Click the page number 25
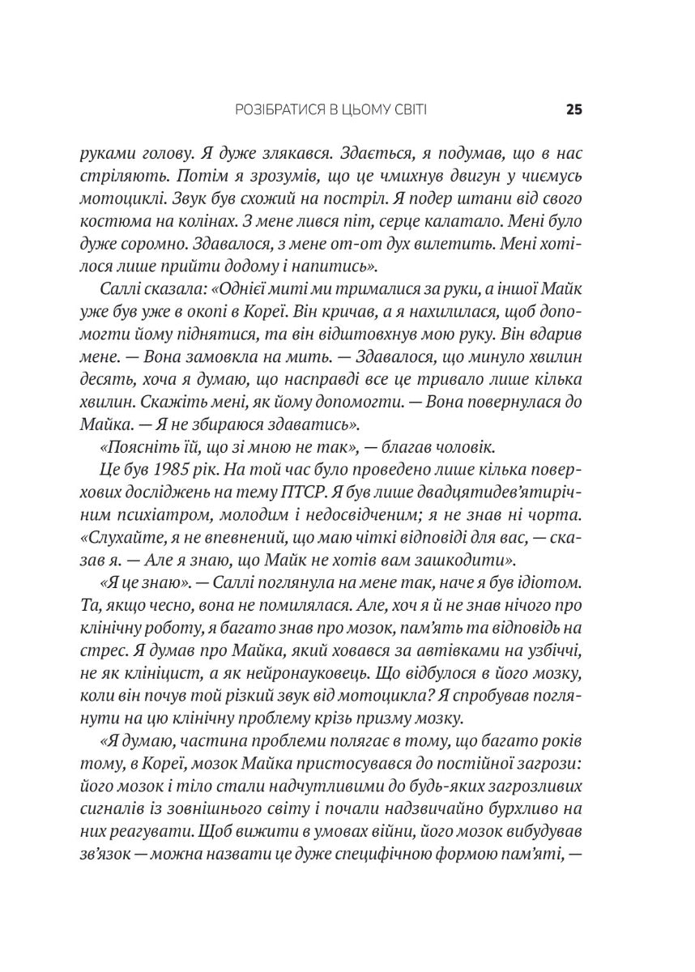pos(574,110)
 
